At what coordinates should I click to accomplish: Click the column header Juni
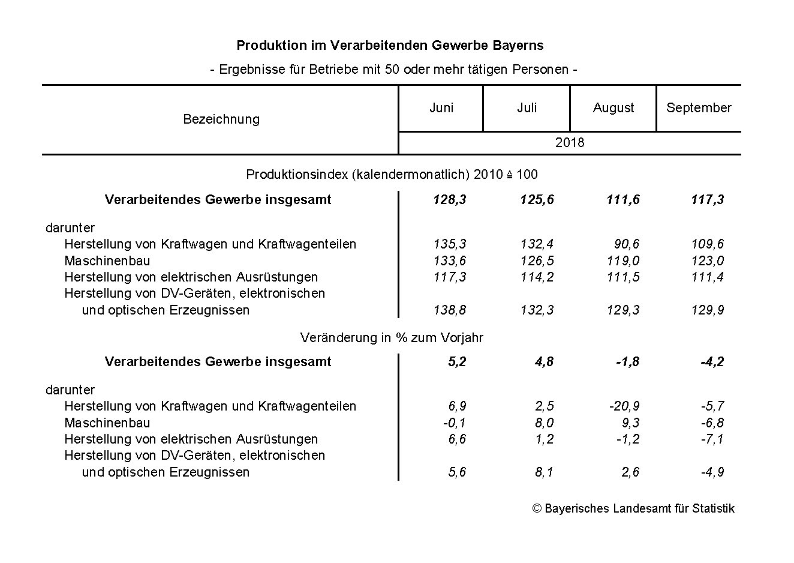pyautogui.click(x=441, y=108)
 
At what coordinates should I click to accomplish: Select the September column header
pyautogui.click(x=699, y=108)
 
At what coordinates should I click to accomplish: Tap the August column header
pyautogui.click(x=613, y=108)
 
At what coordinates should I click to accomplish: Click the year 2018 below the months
pyautogui.click(x=569, y=143)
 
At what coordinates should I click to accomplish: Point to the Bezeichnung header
pyautogui.click(x=221, y=119)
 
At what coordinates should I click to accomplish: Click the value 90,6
pyautogui.click(x=627, y=244)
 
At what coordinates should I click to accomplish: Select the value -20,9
pyautogui.click(x=624, y=406)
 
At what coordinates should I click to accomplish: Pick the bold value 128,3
pyautogui.click(x=449, y=200)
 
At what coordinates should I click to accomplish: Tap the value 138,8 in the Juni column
pyautogui.click(x=449, y=310)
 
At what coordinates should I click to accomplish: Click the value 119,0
pyautogui.click(x=622, y=261)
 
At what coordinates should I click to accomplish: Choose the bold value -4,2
pyautogui.click(x=712, y=362)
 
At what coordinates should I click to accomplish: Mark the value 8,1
pyautogui.click(x=544, y=472)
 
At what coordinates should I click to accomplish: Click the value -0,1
pyautogui.click(x=454, y=423)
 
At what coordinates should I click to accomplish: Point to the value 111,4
pyautogui.click(x=707, y=277)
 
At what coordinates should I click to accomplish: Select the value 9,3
pyautogui.click(x=630, y=423)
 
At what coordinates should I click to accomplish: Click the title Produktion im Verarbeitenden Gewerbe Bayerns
pyautogui.click(x=390, y=46)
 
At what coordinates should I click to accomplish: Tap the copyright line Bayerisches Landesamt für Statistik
pyautogui.click(x=633, y=508)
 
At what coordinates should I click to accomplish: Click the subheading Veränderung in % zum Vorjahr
pyautogui.click(x=392, y=338)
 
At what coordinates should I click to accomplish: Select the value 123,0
pyautogui.click(x=707, y=261)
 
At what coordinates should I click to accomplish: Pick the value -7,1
pyautogui.click(x=712, y=439)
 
